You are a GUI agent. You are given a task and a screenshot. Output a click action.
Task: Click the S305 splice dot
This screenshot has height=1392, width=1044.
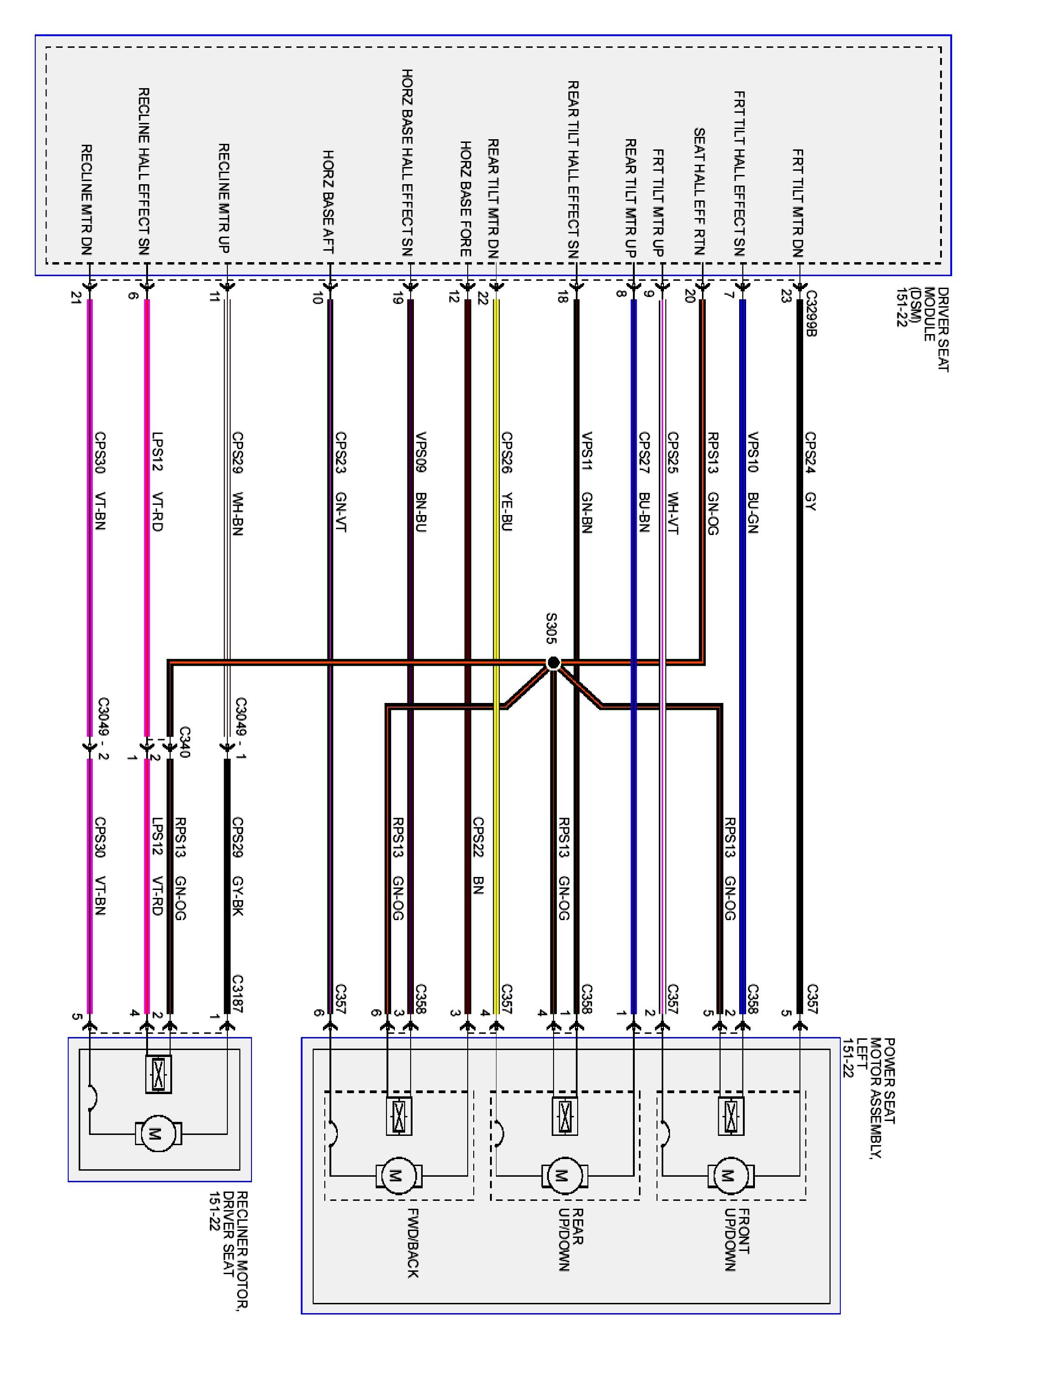[x=553, y=662]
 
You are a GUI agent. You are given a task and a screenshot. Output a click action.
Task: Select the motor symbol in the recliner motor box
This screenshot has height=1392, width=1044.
[x=157, y=1134]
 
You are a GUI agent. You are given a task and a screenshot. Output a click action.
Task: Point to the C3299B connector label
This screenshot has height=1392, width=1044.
[x=811, y=313]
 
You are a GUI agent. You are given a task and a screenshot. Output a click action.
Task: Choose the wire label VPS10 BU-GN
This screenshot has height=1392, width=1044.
[x=753, y=482]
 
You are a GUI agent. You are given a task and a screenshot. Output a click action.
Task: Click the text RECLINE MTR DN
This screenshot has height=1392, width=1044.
[x=87, y=200]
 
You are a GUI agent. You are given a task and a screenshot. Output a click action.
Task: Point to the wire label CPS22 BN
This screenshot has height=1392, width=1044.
[x=478, y=855]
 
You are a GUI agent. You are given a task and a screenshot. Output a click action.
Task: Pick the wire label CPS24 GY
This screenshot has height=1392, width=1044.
[x=811, y=470]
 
